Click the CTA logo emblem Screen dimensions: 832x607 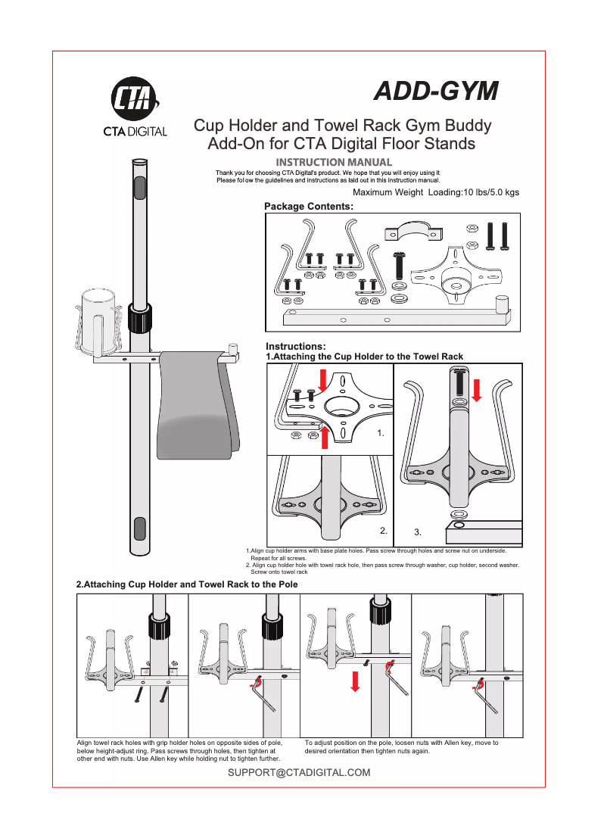point(135,99)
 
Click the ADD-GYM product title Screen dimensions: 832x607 point(437,91)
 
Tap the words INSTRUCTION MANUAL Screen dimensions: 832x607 point(334,162)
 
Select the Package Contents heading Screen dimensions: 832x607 point(308,206)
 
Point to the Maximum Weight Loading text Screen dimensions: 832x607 point(436,192)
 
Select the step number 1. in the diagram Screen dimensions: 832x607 point(381,435)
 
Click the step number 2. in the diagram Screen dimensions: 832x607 point(384,530)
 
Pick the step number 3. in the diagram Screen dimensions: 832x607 point(419,532)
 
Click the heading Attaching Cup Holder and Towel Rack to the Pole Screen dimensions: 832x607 point(187,584)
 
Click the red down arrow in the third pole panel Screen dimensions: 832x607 point(354,681)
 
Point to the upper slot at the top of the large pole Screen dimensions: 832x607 point(139,187)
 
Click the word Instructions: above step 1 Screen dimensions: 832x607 point(295,346)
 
